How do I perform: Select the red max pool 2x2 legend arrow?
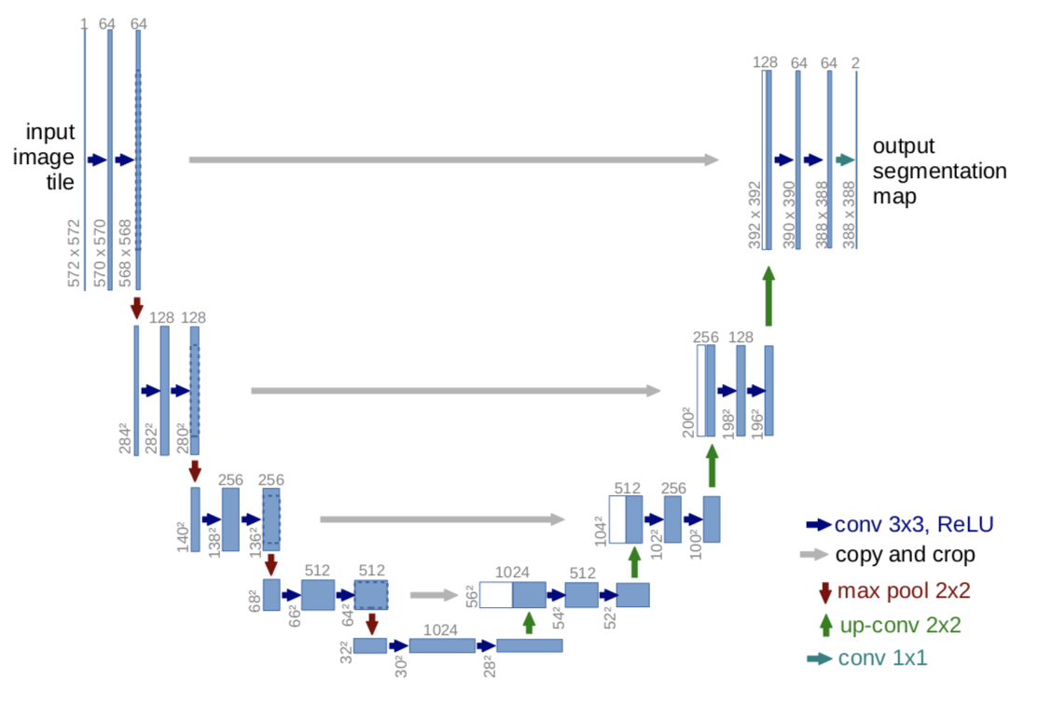pos(824,590)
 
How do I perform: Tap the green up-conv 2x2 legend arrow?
pos(824,625)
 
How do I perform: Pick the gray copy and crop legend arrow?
pos(814,555)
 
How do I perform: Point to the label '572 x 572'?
pos(75,253)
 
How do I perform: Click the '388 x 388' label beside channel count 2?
pos(849,214)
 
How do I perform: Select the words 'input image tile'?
pos(49,158)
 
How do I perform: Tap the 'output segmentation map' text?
pos(938,172)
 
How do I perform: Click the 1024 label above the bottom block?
pos(440,630)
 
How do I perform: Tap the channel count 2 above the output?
pos(855,62)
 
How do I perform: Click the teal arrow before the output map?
pos(845,160)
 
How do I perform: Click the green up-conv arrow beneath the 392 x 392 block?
pos(769,297)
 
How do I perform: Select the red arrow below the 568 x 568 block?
pos(137,307)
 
